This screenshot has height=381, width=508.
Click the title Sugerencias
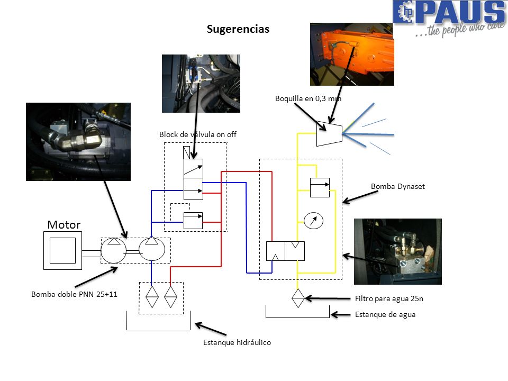click(238, 29)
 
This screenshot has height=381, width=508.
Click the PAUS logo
click(450, 19)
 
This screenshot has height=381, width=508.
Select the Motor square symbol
click(62, 250)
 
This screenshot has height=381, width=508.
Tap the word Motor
click(64, 224)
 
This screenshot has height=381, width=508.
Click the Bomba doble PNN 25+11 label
click(74, 294)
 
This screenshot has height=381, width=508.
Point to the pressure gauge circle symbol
click(313, 221)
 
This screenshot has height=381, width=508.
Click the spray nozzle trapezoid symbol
click(329, 133)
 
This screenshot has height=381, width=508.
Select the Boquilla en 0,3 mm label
click(308, 98)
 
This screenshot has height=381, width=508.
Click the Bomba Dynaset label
click(398, 186)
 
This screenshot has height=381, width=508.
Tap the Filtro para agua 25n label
click(389, 298)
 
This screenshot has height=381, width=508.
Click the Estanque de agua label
click(385, 314)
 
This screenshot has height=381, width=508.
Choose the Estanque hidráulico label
click(237, 342)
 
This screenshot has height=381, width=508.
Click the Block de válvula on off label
click(197, 134)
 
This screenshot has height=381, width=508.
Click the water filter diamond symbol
click(298, 298)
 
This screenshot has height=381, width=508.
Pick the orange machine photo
click(352, 54)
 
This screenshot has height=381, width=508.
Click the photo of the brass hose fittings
click(78, 142)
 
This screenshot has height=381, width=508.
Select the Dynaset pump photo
click(398, 251)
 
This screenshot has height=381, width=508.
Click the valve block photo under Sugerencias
click(201, 84)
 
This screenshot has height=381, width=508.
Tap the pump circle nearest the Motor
click(113, 250)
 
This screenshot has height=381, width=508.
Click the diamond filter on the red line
click(171, 297)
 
